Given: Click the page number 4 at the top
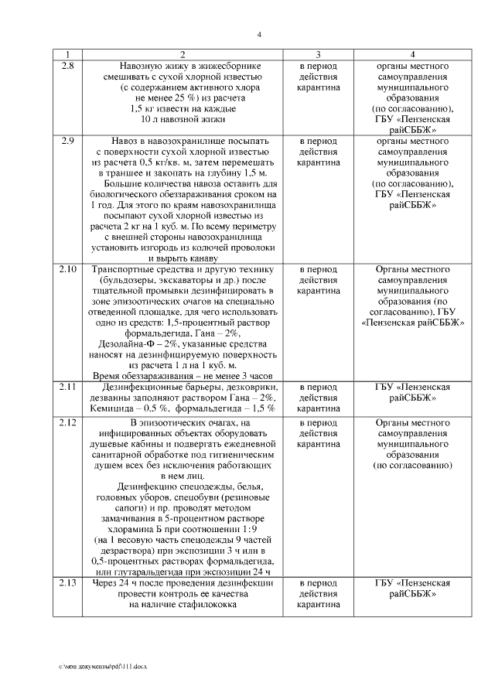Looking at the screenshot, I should point(260,34).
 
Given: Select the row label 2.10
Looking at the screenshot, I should point(68,269).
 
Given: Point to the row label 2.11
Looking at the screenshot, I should point(68,386).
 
